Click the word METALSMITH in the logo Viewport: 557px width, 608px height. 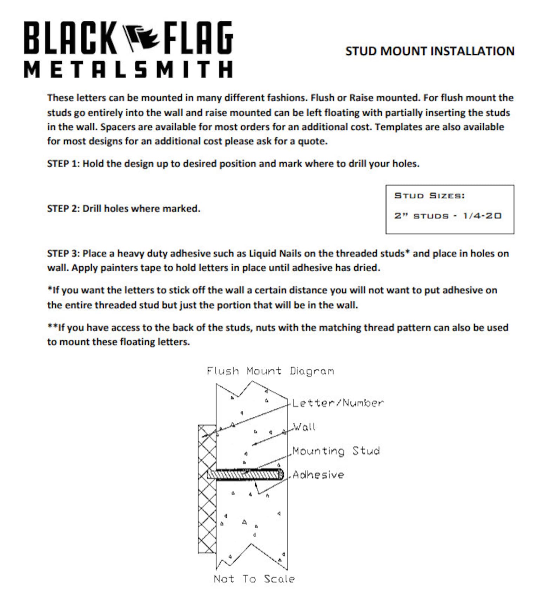tap(128, 69)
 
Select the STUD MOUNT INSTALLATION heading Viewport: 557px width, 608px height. tap(430, 51)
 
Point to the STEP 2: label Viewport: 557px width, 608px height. tap(63, 209)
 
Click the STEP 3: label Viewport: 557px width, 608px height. tap(63, 253)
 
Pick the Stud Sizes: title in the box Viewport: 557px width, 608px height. tap(429, 196)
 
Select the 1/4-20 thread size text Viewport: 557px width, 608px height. tap(482, 216)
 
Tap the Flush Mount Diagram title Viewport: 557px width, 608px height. tap(270, 371)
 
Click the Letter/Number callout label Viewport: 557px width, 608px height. tap(338, 403)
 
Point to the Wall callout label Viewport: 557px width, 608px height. tap(304, 427)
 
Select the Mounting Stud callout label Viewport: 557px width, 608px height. tap(336, 451)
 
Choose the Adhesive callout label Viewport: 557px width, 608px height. tap(318, 475)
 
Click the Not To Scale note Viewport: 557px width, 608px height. tap(254, 579)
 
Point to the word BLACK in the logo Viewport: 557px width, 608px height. tap(70, 38)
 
